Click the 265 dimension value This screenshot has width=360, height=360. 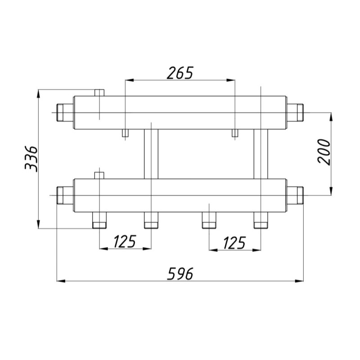tap(180, 73)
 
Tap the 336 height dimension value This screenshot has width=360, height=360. tap(31, 159)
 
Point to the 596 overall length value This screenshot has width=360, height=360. tap(180, 274)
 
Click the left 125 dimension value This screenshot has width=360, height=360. tap(125, 242)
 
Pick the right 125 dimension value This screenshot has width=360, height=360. tap(234, 243)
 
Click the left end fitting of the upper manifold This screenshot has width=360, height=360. tap(65, 112)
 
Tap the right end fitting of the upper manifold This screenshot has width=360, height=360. tap(295, 112)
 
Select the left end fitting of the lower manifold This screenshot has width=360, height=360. tap(65, 195)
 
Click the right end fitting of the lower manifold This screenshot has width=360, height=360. tap(295, 195)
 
